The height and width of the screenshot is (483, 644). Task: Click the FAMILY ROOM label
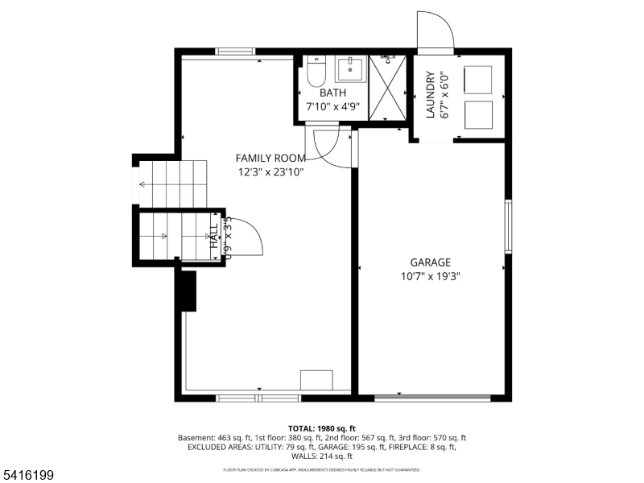(270, 158)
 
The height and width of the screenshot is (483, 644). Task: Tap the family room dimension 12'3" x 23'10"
(270, 171)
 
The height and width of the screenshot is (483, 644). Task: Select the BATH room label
(332, 93)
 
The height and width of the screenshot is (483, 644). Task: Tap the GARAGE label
(430, 262)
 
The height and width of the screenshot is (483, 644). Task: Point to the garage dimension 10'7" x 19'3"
(430, 276)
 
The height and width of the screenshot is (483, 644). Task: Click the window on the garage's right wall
(508, 227)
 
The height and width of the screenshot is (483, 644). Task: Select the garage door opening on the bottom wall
(433, 397)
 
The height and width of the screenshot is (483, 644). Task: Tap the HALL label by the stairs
(214, 236)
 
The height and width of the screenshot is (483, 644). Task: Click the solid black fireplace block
(188, 291)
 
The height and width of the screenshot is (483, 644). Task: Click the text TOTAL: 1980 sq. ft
(321, 428)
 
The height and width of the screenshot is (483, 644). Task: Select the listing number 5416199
(29, 476)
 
